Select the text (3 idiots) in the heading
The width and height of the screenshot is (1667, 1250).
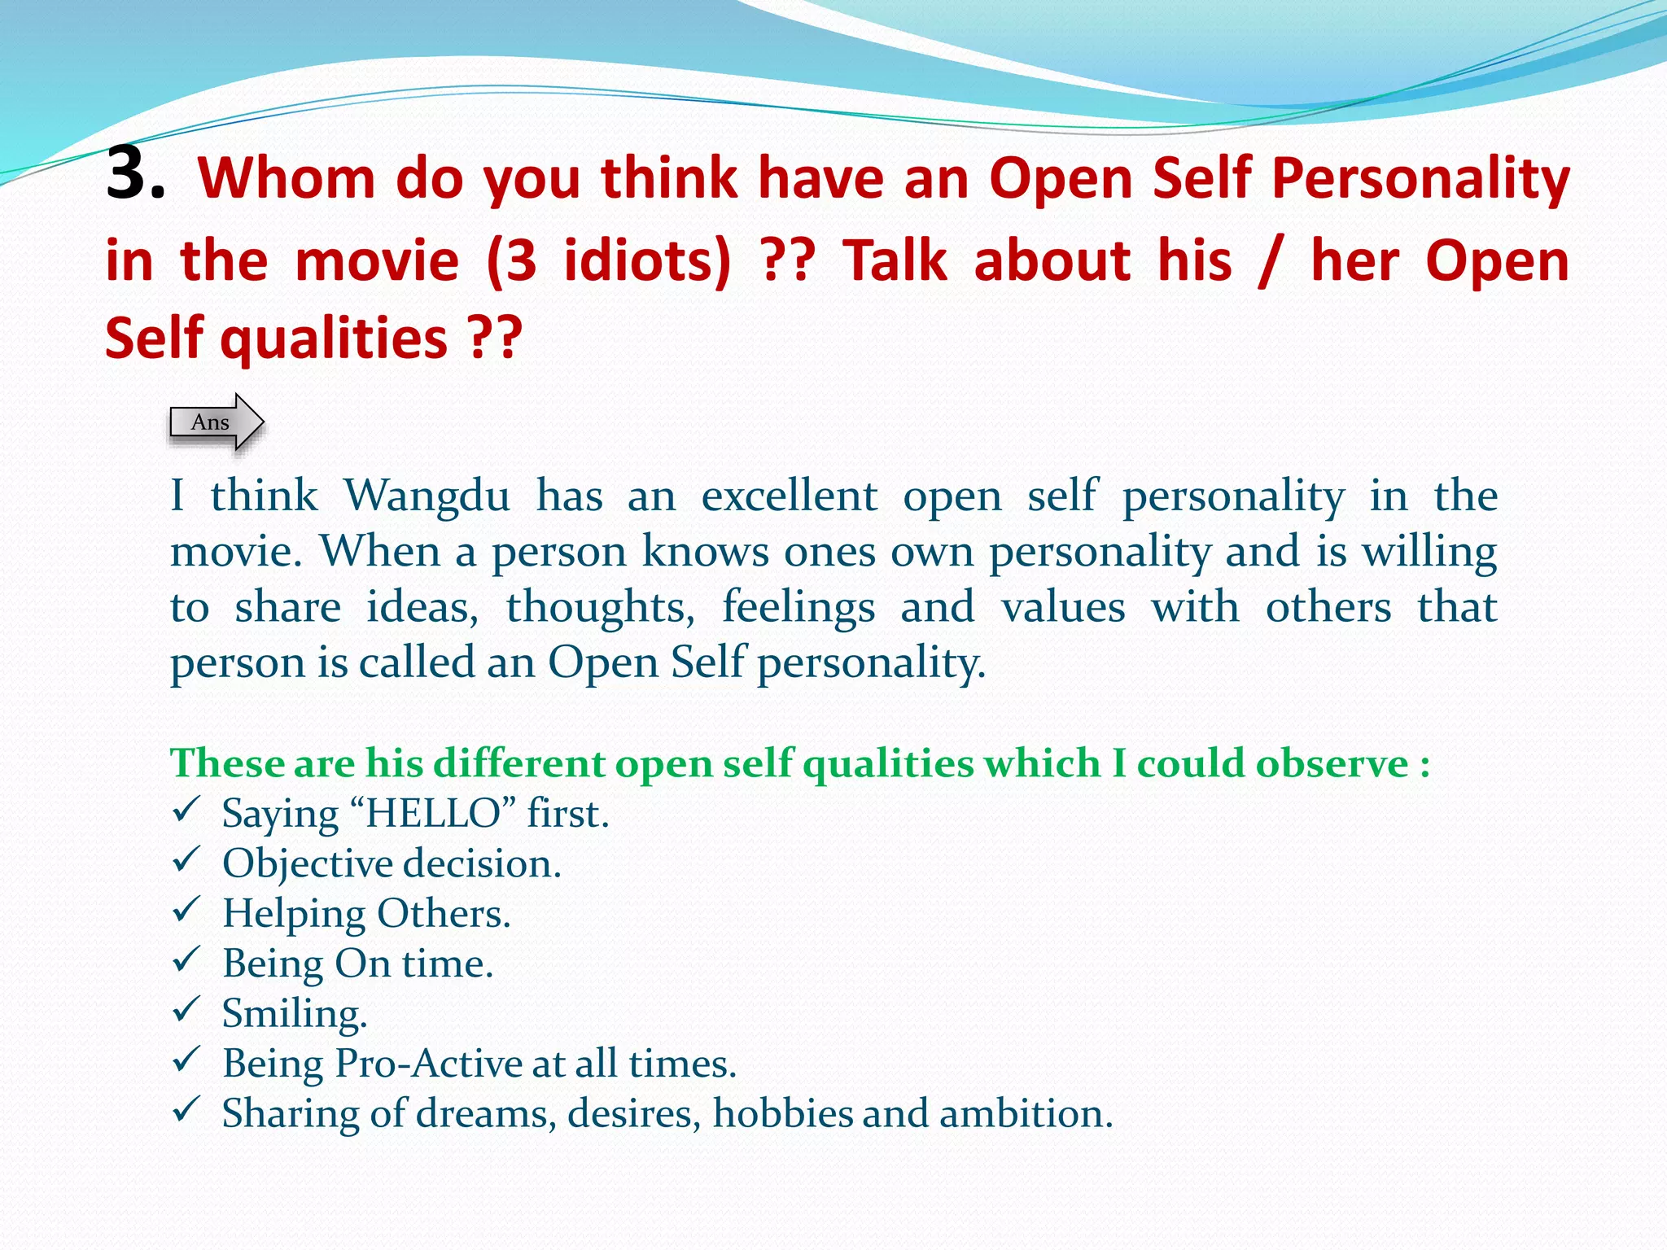[x=608, y=261]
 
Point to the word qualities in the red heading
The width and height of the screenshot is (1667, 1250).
[x=334, y=338]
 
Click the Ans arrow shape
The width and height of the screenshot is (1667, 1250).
[x=217, y=422]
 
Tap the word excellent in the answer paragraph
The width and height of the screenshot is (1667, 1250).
[x=789, y=496]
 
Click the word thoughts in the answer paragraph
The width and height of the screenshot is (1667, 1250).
[x=600, y=607]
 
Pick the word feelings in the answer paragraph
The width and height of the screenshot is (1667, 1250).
[x=798, y=607]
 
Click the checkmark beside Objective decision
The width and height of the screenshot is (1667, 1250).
[x=186, y=859]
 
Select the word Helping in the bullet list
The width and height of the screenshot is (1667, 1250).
[x=293, y=914]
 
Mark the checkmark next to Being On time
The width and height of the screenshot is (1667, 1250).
[x=186, y=959]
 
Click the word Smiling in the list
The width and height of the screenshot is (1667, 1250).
[x=294, y=1014]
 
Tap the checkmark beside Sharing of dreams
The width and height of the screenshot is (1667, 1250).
[x=186, y=1109]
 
